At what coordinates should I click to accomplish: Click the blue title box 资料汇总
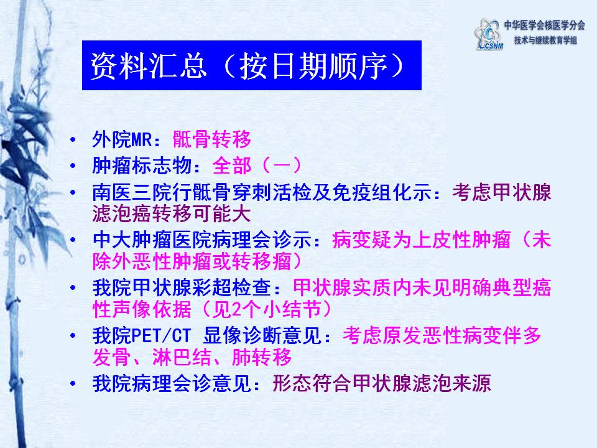tap(252, 65)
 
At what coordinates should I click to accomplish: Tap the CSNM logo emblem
tap(489, 34)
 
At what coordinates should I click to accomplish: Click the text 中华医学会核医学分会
tap(545, 25)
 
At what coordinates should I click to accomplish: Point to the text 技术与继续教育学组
tap(545, 40)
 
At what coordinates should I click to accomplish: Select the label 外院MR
tap(123, 139)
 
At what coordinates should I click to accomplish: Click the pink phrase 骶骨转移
tap(212, 139)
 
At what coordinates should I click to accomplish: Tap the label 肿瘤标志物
tap(142, 166)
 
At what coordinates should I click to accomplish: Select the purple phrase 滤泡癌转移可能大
tap(172, 213)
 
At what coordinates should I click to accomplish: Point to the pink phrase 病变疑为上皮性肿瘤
tap(421, 240)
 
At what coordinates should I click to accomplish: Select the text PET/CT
tap(160, 336)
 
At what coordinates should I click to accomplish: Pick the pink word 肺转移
tap(261, 357)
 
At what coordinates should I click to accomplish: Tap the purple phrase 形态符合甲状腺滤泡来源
tap(382, 384)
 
